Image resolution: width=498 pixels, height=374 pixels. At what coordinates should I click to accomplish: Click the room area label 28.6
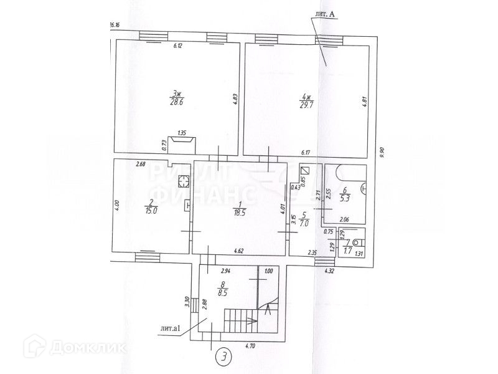click(177, 103)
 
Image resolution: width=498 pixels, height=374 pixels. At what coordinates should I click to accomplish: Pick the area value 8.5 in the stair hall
click(222, 290)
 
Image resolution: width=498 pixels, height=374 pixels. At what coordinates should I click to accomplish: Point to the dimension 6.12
click(177, 46)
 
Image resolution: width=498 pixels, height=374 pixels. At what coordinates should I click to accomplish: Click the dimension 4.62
click(238, 251)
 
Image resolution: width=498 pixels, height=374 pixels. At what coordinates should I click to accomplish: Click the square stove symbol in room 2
click(184, 181)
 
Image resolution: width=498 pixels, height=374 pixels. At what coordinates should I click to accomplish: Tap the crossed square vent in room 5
click(304, 170)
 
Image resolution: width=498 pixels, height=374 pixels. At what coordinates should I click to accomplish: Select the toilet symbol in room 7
click(357, 242)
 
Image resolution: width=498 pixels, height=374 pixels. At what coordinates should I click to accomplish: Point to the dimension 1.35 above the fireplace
click(182, 133)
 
